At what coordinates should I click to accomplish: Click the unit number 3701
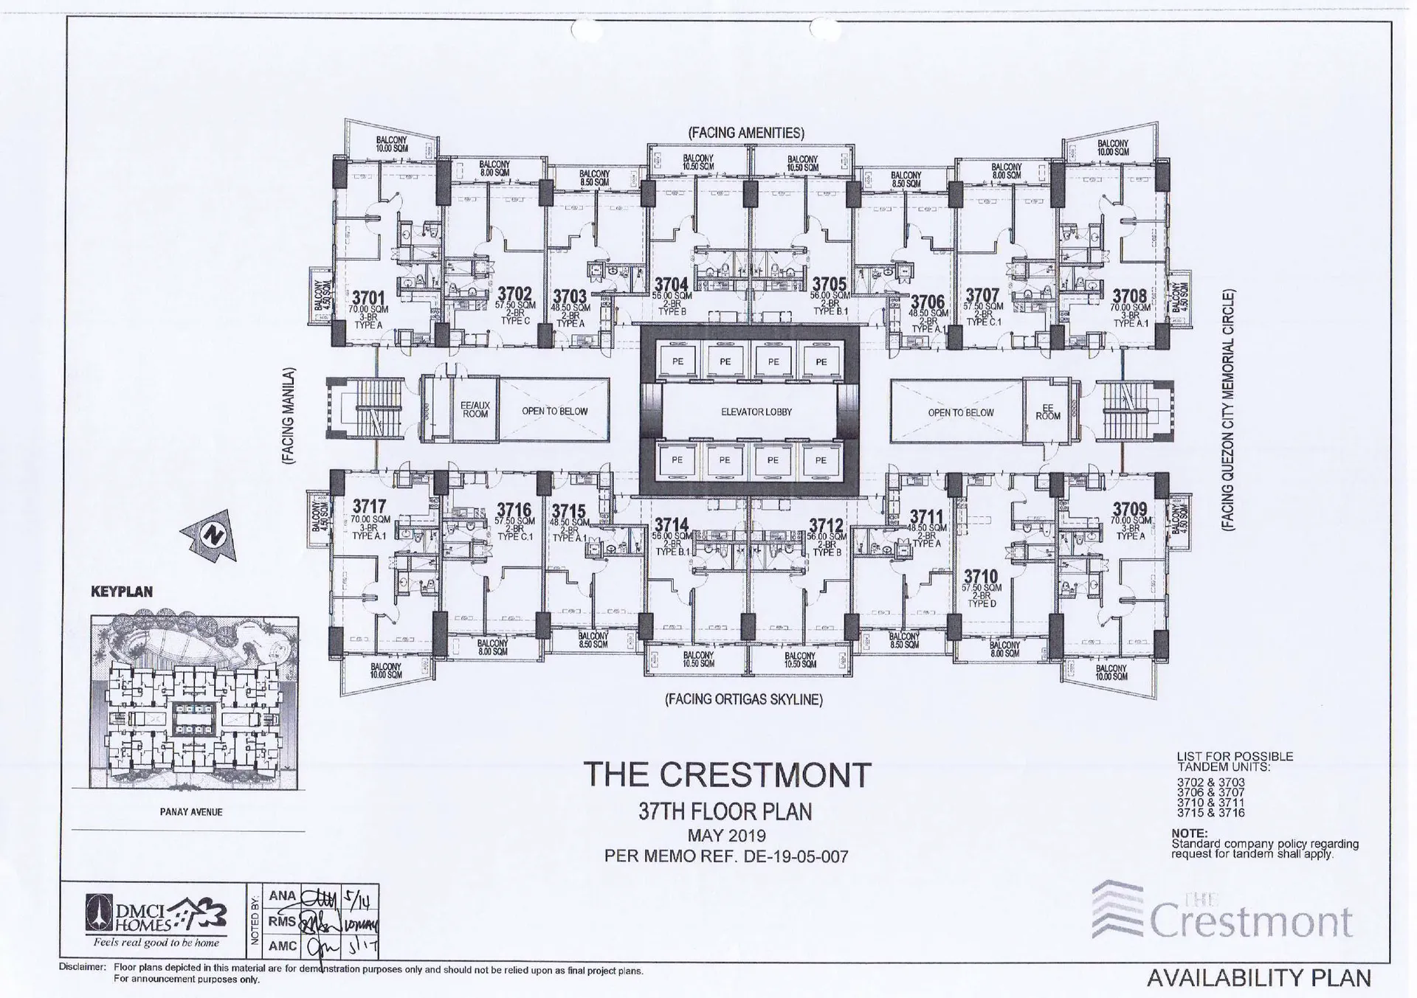tap(368, 298)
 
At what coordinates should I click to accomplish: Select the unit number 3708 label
tap(1129, 297)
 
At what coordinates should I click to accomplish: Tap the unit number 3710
tap(981, 577)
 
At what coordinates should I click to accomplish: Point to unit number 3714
tap(671, 525)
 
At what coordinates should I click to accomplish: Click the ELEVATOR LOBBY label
tap(756, 412)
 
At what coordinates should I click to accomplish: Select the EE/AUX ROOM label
tap(475, 410)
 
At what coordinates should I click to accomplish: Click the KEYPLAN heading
tap(122, 592)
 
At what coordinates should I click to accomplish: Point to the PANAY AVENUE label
tap(191, 812)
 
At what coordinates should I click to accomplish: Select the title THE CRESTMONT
tap(727, 775)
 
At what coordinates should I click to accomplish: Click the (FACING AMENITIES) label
tap(745, 133)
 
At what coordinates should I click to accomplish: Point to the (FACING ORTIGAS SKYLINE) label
tap(744, 699)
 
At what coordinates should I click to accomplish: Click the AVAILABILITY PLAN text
tap(1258, 978)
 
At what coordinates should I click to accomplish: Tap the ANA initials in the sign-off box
tap(282, 895)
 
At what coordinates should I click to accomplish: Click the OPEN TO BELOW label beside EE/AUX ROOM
tap(554, 411)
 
